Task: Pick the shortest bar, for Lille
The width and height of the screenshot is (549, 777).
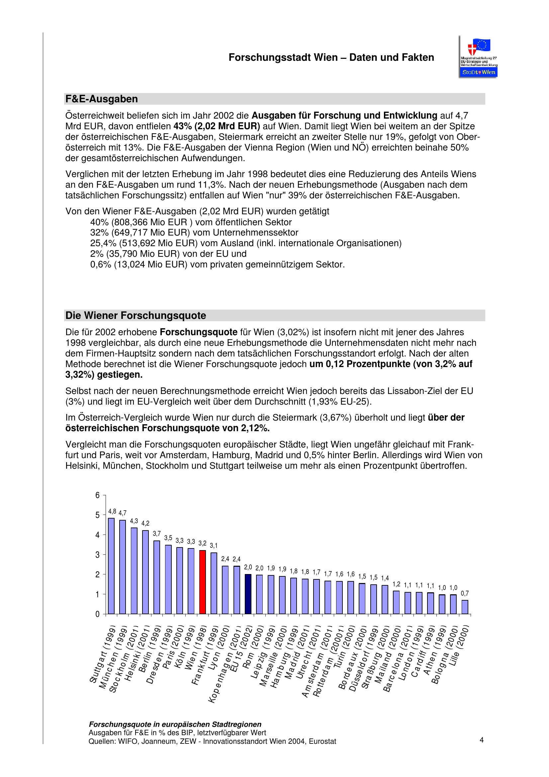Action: point(465,607)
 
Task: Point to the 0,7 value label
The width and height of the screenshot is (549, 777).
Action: point(465,593)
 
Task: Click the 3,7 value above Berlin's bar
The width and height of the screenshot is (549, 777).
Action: point(157,534)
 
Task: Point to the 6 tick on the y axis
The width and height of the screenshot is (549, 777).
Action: point(97,495)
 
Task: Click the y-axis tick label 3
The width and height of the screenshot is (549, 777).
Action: point(97,555)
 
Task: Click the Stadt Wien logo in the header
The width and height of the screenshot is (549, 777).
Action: point(478,56)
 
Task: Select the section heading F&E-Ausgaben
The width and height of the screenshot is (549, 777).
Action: point(102,99)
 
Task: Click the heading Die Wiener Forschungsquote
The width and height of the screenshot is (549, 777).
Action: point(136,315)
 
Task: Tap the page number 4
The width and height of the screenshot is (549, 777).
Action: point(481,740)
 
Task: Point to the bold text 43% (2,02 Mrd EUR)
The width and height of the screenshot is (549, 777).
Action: point(217,126)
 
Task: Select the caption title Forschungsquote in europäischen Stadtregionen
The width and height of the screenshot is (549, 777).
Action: point(175,724)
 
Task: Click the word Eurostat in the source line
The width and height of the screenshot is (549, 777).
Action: point(322,741)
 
